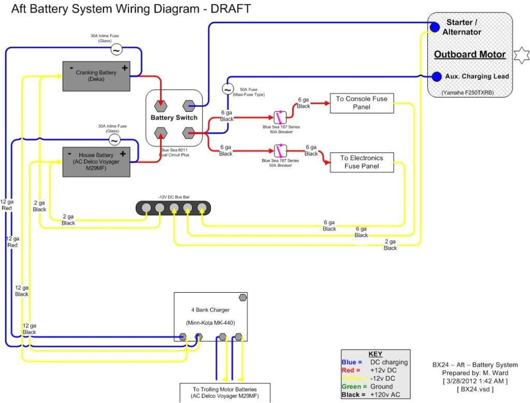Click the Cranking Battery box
click(x=96, y=76)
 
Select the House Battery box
click(x=96, y=162)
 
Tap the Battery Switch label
click(x=174, y=118)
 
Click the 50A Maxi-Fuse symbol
click(x=227, y=89)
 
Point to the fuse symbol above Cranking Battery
click(x=117, y=50)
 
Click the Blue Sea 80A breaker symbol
click(x=280, y=118)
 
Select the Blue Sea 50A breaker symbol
click(x=280, y=151)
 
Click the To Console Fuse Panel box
click(x=361, y=103)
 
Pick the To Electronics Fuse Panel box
click(x=361, y=162)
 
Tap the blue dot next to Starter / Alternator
click(x=435, y=27)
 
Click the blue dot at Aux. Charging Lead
click(x=437, y=76)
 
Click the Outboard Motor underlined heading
click(x=469, y=54)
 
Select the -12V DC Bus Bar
click(x=173, y=208)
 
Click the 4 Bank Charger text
click(x=210, y=310)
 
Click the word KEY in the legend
click(x=375, y=354)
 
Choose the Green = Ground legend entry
click(x=367, y=386)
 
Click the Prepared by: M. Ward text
click(x=475, y=373)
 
